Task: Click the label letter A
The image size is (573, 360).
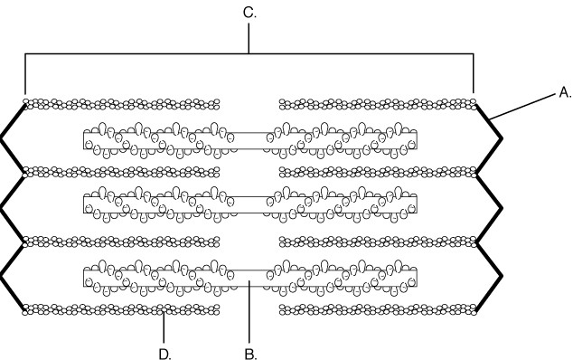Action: coord(565,92)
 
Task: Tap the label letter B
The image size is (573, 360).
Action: coord(250,354)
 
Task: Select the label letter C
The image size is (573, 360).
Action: coord(249,13)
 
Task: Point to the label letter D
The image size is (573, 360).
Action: coord(164,354)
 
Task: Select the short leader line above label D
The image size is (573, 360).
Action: coord(164,327)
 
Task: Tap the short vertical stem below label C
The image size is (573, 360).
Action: coord(249,38)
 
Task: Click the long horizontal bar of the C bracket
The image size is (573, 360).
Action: coord(249,53)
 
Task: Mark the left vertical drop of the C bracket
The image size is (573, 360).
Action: coord(25,74)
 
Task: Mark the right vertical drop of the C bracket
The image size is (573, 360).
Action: coord(474,73)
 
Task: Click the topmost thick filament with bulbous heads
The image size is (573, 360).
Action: coord(250,140)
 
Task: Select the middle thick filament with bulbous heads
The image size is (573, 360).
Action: coord(250,204)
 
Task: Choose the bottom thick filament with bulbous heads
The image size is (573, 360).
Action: coord(250,278)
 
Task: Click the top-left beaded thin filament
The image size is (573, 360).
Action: coord(121,104)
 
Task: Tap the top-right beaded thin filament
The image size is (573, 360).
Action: coord(378,104)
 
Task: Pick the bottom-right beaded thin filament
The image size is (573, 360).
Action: coord(378,309)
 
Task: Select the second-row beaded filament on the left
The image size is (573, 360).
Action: coord(121,172)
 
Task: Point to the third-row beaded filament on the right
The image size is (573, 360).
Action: coord(378,242)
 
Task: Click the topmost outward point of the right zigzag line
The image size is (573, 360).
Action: coord(503,138)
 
